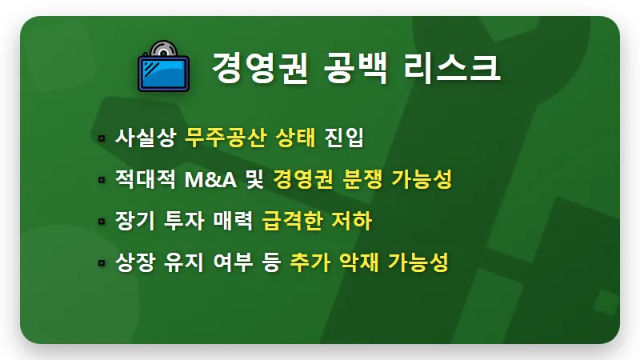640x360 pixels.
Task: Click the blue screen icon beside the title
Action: point(162,71)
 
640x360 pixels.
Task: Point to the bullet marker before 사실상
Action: point(101,139)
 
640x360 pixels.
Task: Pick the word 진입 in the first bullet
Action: point(345,138)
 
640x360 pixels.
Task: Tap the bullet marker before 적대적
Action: point(101,181)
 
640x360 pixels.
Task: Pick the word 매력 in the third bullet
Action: point(233,221)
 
